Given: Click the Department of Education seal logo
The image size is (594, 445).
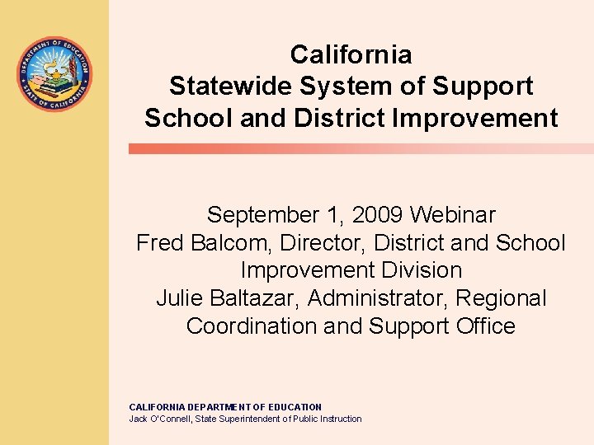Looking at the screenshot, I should [54, 75].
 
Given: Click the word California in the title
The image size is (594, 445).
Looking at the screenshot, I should [351, 55].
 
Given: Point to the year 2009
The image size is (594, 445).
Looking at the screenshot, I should [378, 215].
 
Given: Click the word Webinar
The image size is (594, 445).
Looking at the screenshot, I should [453, 215].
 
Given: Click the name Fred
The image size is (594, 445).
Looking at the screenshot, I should [162, 243].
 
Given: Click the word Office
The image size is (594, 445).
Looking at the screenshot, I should [485, 326].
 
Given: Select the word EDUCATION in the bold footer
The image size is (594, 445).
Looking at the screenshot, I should [289, 407].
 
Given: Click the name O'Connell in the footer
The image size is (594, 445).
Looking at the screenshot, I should [172, 419].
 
